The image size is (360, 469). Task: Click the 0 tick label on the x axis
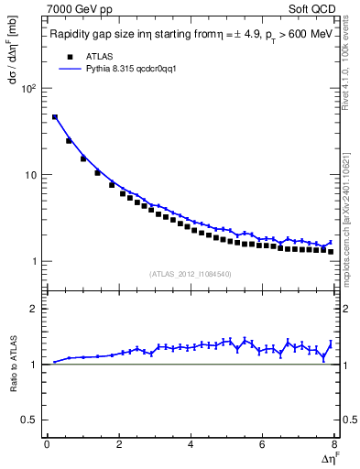coord(47,445)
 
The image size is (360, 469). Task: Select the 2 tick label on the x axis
coord(118,445)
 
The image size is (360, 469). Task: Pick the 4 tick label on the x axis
coord(191,445)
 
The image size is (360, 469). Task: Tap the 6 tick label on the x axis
coord(263,445)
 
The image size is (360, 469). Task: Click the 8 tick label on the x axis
coord(334,445)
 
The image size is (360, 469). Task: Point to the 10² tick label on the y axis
coord(28,89)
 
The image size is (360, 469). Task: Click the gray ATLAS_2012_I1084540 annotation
coord(191,274)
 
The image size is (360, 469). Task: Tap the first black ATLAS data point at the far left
coord(55,117)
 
